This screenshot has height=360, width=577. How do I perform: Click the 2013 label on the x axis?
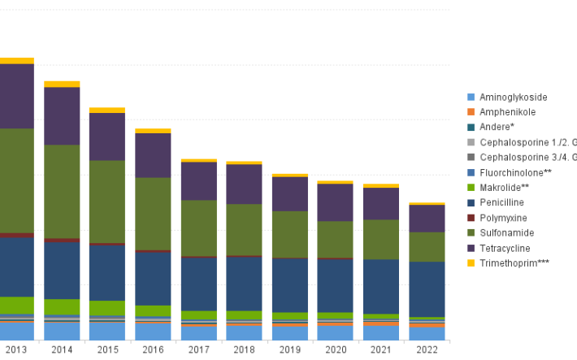pyautogui.click(x=16, y=349)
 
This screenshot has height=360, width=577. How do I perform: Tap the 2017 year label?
pyautogui.click(x=198, y=349)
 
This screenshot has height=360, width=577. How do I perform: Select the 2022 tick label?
pyautogui.click(x=427, y=349)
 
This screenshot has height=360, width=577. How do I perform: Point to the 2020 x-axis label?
pyautogui.click(x=335, y=349)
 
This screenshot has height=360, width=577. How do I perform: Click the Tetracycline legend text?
pyautogui.click(x=505, y=248)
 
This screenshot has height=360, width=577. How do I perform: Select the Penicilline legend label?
pyautogui.click(x=501, y=202)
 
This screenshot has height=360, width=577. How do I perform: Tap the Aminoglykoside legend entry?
pyautogui.click(x=513, y=97)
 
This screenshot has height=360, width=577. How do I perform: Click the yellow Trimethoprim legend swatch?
pyautogui.click(x=471, y=263)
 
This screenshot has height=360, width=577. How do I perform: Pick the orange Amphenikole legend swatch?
pyautogui.click(x=471, y=112)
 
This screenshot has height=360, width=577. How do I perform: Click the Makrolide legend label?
pyautogui.click(x=504, y=188)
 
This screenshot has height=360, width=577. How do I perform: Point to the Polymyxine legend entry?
pyautogui.click(x=503, y=218)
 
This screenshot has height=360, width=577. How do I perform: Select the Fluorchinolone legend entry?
pyautogui.click(x=515, y=172)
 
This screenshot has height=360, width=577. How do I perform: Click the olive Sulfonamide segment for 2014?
pyautogui.click(x=62, y=191)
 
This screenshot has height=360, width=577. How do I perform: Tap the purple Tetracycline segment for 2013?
pyautogui.click(x=16, y=95)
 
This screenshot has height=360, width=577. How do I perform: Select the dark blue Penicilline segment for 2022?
pyautogui.click(x=427, y=288)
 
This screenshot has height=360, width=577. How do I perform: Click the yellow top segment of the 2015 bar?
pyautogui.click(x=107, y=110)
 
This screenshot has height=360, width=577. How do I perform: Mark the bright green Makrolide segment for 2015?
pyautogui.click(x=107, y=308)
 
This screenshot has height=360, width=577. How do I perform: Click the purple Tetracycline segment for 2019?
pyautogui.click(x=289, y=193)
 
